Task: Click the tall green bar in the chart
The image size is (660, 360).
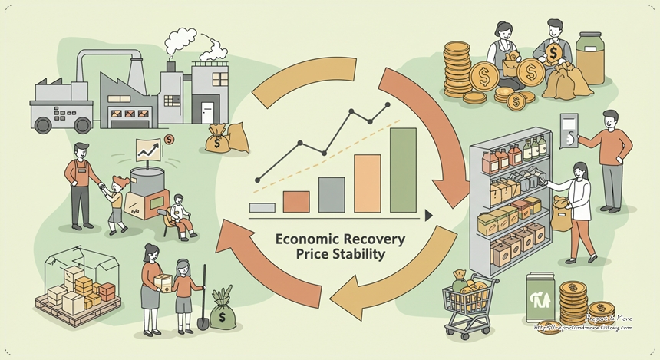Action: pyautogui.click(x=403, y=170)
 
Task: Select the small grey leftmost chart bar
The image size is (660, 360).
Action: pyautogui.click(x=262, y=206)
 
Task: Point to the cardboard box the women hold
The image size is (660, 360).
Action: pyautogui.click(x=163, y=282)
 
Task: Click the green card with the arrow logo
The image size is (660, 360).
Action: pyautogui.click(x=541, y=301)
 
